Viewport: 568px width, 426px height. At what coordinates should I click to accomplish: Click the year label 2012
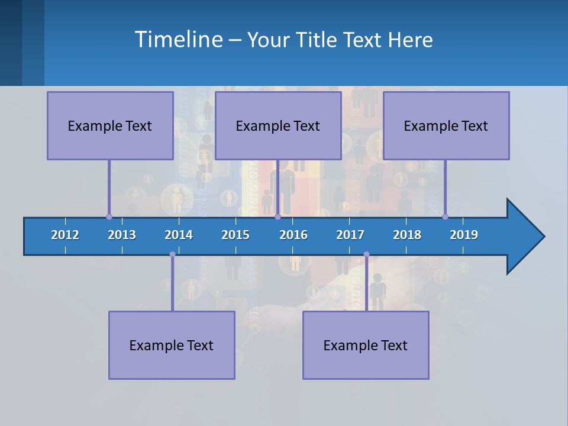(x=65, y=235)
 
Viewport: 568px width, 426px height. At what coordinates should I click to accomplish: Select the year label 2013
(x=122, y=235)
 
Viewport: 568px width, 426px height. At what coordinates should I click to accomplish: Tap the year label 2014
(x=179, y=235)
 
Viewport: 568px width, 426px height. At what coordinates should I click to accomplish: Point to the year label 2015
(x=235, y=235)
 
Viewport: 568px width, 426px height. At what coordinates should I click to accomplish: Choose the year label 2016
(x=293, y=235)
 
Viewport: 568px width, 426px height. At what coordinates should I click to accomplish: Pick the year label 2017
(x=350, y=235)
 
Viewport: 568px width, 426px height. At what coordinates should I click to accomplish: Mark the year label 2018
(x=407, y=235)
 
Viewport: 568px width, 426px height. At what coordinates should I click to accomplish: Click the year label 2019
(x=464, y=235)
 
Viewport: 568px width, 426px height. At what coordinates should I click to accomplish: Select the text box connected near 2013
(x=110, y=125)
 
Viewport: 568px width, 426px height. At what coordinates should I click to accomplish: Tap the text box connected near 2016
(x=278, y=125)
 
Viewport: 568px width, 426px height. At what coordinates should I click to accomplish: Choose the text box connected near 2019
(x=446, y=125)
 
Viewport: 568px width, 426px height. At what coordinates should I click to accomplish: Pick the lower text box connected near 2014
(x=172, y=345)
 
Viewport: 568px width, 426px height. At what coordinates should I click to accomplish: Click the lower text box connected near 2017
(x=366, y=345)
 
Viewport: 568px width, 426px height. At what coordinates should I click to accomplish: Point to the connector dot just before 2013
(x=109, y=217)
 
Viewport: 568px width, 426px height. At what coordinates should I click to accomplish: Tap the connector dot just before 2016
(x=277, y=217)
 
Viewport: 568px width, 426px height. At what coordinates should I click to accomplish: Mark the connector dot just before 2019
(x=445, y=217)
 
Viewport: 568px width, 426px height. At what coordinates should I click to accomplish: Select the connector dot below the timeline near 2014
(x=172, y=254)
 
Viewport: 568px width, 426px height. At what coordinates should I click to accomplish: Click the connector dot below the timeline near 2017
(x=366, y=254)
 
